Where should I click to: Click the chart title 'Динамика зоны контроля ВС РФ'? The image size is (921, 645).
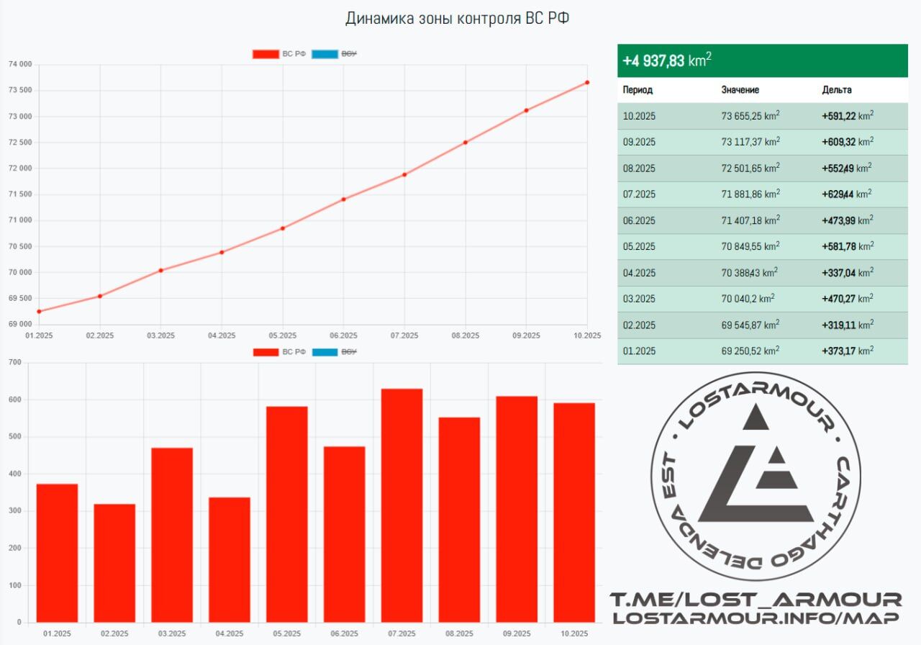coord(457,18)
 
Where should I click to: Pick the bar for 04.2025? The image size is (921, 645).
coord(230,559)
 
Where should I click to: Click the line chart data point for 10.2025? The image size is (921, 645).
coord(587,82)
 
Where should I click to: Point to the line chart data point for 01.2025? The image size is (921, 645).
coord(39,312)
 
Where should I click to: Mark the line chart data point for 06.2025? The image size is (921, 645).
coord(343,199)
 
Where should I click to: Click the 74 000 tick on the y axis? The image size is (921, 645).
coord(20,65)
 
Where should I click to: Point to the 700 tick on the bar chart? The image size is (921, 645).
coord(14,362)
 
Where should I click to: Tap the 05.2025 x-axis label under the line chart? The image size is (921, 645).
coord(283,335)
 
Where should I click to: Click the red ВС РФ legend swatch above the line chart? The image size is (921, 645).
coord(265,54)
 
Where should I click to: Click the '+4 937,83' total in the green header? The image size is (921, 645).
coord(653,61)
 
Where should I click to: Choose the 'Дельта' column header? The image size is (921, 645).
coord(837,90)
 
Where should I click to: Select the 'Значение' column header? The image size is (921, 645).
coord(740,90)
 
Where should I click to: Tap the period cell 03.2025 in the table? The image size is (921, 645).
coord(639,299)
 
